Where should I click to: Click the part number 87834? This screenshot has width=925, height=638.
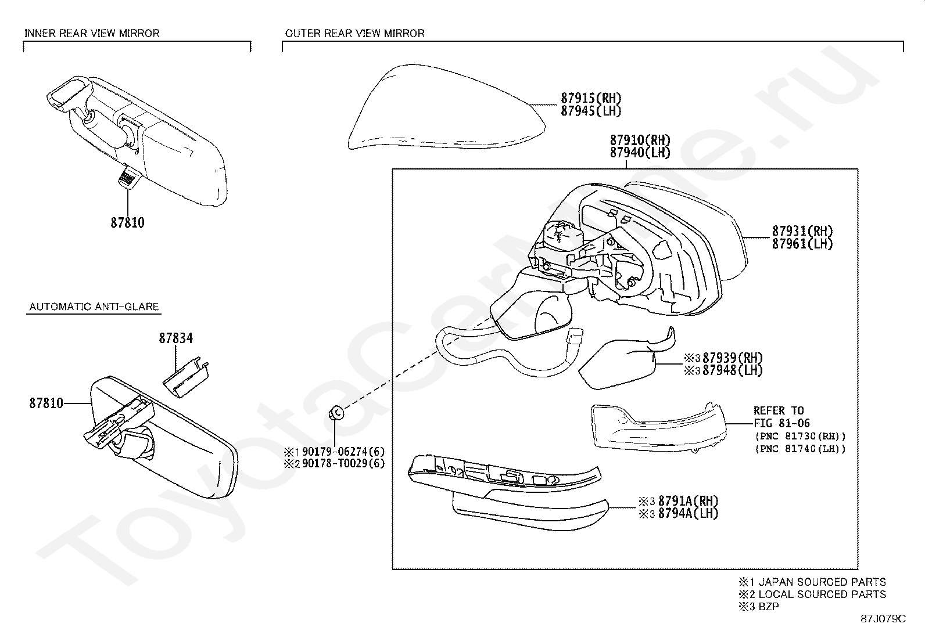coord(176,338)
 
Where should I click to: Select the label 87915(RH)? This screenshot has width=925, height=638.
coord(591,98)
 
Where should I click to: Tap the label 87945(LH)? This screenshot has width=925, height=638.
coord(591,111)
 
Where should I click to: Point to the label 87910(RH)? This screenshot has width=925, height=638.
coord(640,140)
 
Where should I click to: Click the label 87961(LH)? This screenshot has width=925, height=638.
coord(802,244)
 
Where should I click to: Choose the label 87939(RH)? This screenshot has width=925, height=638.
coord(732,358)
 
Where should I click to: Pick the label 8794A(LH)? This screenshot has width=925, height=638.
coord(688,513)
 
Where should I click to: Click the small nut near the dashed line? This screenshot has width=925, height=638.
coord(335,413)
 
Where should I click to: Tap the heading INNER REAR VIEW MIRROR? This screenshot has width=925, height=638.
coord(92,33)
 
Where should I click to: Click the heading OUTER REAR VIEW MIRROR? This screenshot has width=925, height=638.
coord(354,33)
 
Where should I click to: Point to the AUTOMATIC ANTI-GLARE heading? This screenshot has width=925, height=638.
coord(94,307)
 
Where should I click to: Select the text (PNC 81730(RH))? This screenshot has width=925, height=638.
coord(799,436)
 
